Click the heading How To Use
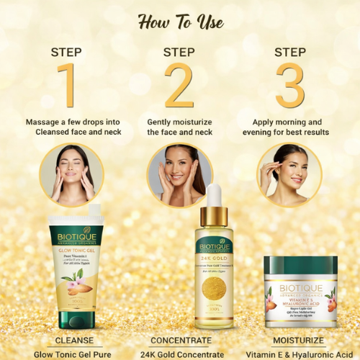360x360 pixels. (x=179, y=22)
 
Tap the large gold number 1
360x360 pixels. (x=68, y=86)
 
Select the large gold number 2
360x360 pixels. (x=179, y=86)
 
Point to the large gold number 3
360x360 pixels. (x=290, y=86)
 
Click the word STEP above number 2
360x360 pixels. (x=179, y=52)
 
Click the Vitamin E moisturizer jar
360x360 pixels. (x=300, y=292)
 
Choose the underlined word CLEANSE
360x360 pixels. (x=76, y=340)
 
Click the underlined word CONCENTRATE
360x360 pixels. (x=181, y=340)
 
